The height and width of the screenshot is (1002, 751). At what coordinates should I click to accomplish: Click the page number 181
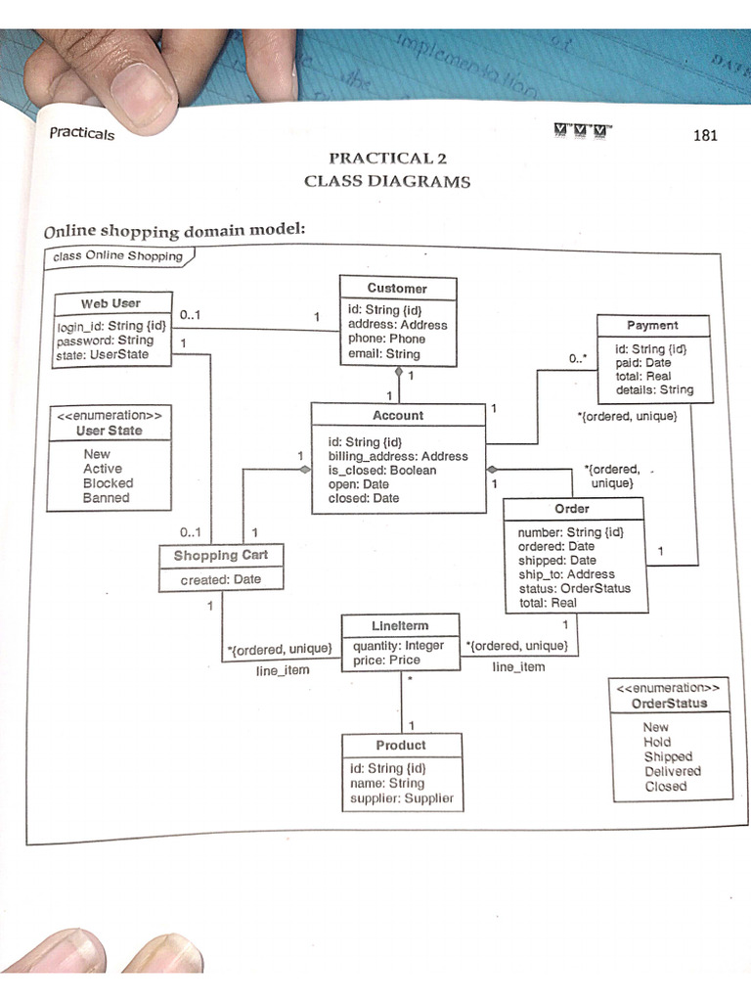point(705,135)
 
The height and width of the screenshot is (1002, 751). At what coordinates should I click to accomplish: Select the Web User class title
point(110,303)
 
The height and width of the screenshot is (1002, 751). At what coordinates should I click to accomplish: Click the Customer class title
point(397,288)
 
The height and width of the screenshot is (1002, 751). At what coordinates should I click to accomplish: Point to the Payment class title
point(652,325)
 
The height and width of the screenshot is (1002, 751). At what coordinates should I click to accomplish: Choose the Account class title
point(398,415)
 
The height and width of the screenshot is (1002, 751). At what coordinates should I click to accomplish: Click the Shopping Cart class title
point(221,555)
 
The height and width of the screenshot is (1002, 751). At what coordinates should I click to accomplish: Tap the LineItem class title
point(400,625)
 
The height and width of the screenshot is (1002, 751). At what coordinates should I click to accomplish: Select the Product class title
point(401,745)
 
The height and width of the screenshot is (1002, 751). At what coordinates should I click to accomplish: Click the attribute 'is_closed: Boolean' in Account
point(382,470)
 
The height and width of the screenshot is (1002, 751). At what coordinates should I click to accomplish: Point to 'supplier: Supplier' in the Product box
point(402,798)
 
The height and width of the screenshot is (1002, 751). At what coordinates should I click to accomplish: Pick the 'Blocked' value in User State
point(108,483)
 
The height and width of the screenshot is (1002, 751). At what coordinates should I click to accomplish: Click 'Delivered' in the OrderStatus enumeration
point(672,771)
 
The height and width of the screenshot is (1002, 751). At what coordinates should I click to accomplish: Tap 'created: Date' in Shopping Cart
point(221,579)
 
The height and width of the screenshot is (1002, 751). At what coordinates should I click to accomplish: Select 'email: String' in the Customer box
point(384,353)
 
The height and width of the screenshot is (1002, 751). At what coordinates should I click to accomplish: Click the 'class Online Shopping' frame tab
point(118,256)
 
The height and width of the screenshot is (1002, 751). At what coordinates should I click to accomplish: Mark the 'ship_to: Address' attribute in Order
point(566,574)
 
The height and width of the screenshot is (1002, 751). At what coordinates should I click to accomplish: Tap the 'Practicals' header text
point(82,134)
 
